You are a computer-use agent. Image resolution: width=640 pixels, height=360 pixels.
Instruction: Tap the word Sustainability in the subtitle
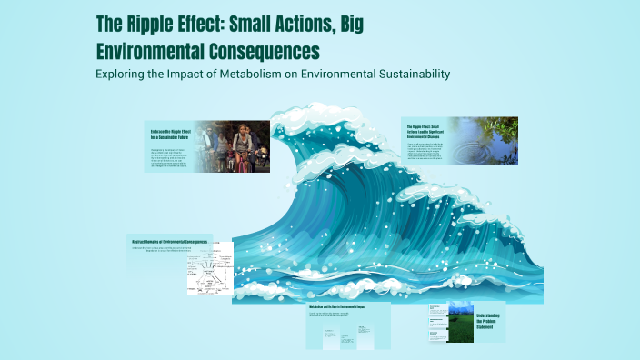(406, 74)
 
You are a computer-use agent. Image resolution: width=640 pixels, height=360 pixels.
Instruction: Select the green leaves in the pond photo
(505, 127)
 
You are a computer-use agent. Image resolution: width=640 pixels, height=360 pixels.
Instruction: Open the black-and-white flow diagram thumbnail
(209, 274)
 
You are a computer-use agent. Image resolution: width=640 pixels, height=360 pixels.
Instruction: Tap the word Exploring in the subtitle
(123, 74)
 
